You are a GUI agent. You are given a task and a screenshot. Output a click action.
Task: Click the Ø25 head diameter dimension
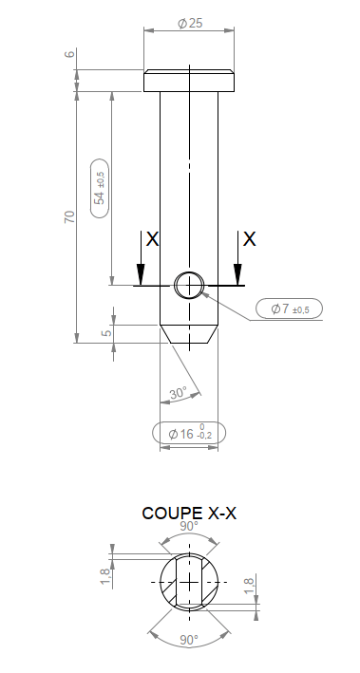coord(190,23)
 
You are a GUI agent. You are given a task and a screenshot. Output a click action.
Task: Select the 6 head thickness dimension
coord(70,54)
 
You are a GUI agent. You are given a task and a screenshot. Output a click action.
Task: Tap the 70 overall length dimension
coord(69,216)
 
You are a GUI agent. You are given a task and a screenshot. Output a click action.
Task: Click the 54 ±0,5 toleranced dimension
coord(100,188)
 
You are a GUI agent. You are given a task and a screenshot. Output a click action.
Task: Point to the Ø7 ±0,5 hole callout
coord(290,308)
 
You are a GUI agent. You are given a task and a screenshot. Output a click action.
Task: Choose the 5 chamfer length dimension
coord(108,330)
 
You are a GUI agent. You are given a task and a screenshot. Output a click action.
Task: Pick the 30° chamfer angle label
coord(178,393)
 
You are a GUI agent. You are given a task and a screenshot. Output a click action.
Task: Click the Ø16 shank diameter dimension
coord(189,434)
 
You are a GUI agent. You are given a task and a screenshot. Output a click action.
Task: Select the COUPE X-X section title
coord(189,514)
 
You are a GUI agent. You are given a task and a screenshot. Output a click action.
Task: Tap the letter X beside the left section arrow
coord(153,239)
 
